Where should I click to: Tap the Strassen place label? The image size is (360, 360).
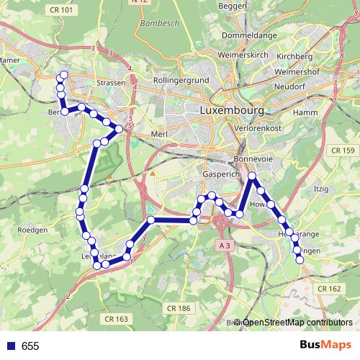pos(110,83)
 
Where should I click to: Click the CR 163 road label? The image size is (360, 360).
pos(115,318)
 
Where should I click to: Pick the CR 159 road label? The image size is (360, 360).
pos(343,150)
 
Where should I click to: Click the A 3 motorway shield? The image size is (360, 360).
pos(225,246)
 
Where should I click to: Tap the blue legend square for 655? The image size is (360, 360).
pos(10,346)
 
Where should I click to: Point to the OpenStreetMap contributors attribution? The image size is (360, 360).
pos(297,323)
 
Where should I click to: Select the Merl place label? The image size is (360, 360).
pos(159,134)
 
